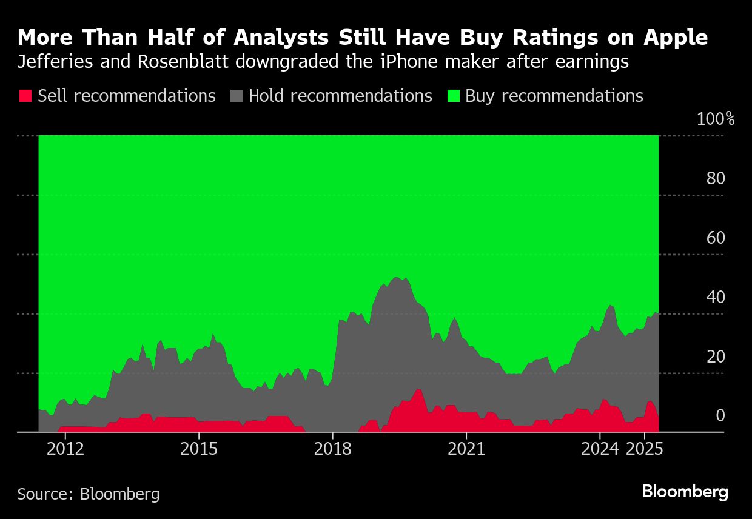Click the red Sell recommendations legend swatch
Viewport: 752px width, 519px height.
[x=25, y=96]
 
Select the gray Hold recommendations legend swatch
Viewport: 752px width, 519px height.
[x=237, y=96]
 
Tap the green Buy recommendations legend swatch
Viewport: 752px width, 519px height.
[x=453, y=96]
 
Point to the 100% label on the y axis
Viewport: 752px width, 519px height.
[x=716, y=119]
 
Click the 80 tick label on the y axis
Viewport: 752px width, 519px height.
[x=716, y=178]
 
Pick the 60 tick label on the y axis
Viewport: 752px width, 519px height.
[x=716, y=238]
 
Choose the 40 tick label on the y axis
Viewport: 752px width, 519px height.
[x=716, y=297]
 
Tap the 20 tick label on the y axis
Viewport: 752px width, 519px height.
[x=716, y=357]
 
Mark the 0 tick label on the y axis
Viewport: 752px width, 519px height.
[x=720, y=416]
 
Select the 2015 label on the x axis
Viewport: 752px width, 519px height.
[x=198, y=450]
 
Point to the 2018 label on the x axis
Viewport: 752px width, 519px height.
[x=332, y=450]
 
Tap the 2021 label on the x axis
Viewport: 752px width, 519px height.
[x=466, y=450]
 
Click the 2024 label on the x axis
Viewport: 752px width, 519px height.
[x=599, y=450]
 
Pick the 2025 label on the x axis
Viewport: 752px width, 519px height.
[x=644, y=450]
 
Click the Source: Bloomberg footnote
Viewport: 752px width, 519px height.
[x=89, y=494]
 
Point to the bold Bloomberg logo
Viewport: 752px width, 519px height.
[x=685, y=492]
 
